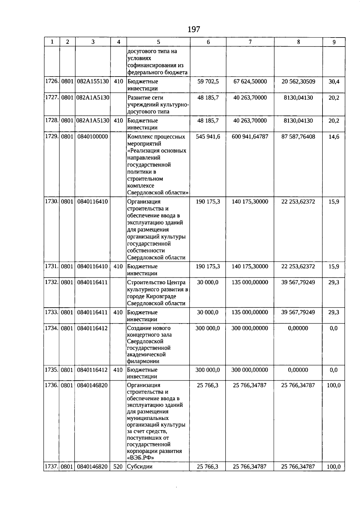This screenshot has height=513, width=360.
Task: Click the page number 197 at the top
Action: tap(193, 29)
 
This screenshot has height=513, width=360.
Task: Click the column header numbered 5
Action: tap(158, 42)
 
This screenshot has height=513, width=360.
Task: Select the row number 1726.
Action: tap(52, 81)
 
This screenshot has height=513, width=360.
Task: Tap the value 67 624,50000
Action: tap(250, 81)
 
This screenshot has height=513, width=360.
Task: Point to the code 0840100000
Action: tap(92, 137)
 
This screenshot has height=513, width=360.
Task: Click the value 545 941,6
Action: tap(208, 137)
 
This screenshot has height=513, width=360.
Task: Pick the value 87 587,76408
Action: tap(298, 137)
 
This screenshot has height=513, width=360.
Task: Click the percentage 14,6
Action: tap(334, 137)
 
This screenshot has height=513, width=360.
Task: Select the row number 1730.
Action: tap(52, 201)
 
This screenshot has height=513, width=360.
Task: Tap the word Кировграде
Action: tap(164, 296)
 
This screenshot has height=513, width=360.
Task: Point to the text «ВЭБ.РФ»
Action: tap(140, 458)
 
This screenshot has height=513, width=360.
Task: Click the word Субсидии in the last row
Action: tap(139, 467)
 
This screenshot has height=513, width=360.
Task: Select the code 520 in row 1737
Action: tap(118, 467)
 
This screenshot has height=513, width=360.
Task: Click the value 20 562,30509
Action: tap(298, 81)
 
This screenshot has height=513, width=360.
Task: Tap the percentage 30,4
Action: tap(334, 81)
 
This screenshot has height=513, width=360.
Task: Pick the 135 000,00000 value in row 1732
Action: tap(250, 282)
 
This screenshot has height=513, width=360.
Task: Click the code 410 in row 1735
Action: tap(118, 370)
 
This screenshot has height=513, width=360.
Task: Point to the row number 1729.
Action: tap(52, 137)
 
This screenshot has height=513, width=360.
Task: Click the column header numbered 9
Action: tap(334, 42)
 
